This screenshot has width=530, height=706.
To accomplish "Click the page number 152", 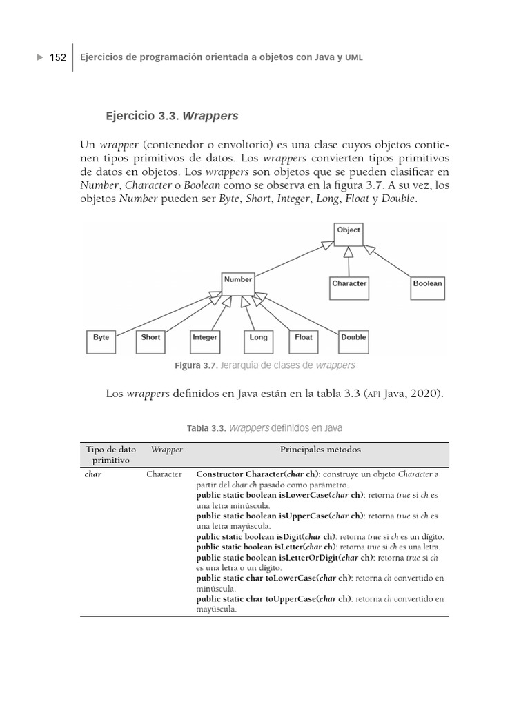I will click(57, 58).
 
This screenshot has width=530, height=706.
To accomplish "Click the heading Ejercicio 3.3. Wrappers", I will click(172, 116).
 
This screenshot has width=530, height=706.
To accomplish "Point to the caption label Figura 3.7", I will click(196, 365).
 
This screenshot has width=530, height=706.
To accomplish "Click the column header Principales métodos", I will click(320, 450).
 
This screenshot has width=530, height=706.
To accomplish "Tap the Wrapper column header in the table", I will click(166, 450).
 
